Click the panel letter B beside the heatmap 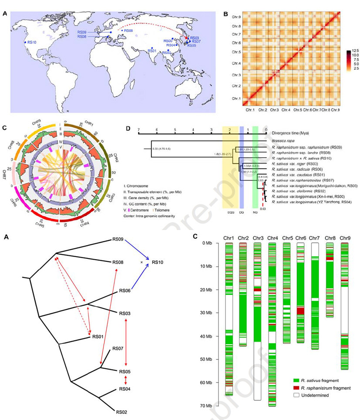pos(225,14)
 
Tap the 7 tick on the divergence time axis pos(138,129)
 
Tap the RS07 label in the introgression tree pos(118,349)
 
